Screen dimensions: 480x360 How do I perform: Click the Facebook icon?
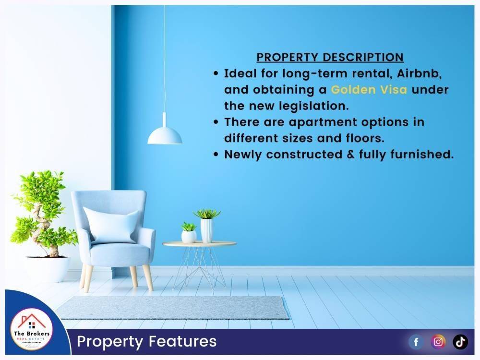click(416, 342)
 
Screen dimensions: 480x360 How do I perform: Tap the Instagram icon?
click(438, 342)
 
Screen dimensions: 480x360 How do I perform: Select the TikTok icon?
click(460, 342)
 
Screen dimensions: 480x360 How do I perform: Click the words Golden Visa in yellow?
click(369, 90)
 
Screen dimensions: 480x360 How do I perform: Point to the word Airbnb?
click(419, 74)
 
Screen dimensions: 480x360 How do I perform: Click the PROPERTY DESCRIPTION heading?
click(330, 57)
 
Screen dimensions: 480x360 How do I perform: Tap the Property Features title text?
click(146, 342)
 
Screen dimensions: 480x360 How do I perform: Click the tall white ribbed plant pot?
click(206, 230)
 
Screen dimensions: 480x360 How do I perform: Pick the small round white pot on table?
click(189, 236)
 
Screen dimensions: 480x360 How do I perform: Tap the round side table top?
click(200, 244)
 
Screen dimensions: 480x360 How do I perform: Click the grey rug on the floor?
click(172, 307)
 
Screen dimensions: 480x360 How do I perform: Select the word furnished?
click(421, 154)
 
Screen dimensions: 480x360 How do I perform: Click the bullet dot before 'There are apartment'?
click(216, 122)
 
